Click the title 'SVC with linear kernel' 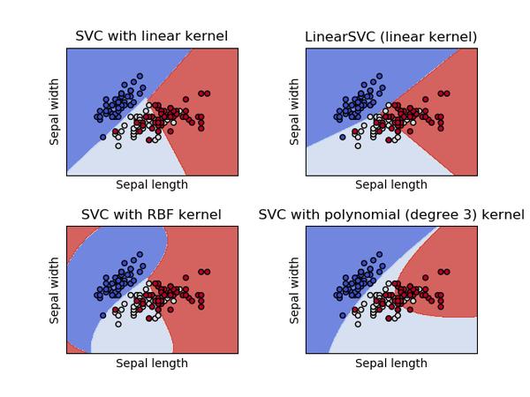(151, 36)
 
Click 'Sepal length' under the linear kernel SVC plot (151, 185)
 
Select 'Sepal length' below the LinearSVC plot (390, 185)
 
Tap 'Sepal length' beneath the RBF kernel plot (151, 363)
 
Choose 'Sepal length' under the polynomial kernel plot (390, 363)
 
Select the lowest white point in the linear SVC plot (117, 146)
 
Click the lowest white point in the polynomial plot (357, 324)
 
